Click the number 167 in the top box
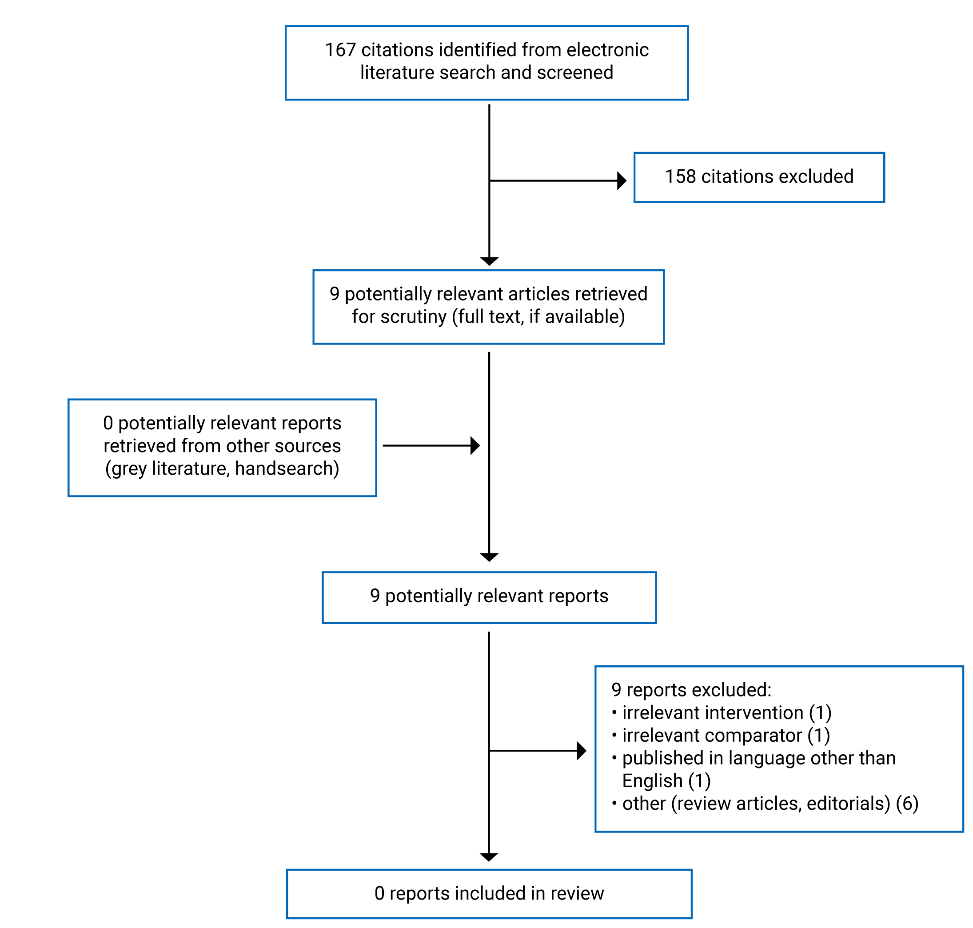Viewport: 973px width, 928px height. (x=340, y=50)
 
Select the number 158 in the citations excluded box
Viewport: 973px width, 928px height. (x=680, y=176)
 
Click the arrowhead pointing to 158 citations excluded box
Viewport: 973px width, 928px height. (x=622, y=180)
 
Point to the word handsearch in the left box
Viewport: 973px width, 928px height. (x=287, y=468)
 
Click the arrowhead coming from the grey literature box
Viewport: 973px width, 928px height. (x=475, y=446)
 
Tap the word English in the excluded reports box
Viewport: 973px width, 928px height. (x=652, y=781)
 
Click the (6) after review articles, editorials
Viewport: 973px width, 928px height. (x=907, y=804)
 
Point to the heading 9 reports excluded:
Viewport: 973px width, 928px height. (x=691, y=690)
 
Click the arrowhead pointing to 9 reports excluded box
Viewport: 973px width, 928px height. (x=582, y=751)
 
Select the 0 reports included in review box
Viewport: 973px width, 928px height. (x=489, y=893)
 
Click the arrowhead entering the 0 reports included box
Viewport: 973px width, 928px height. (x=489, y=857)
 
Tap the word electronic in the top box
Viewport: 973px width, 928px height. (x=607, y=50)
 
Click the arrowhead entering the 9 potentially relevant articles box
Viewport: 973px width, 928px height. (x=489, y=261)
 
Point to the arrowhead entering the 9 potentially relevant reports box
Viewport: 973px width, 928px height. (x=489, y=557)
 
